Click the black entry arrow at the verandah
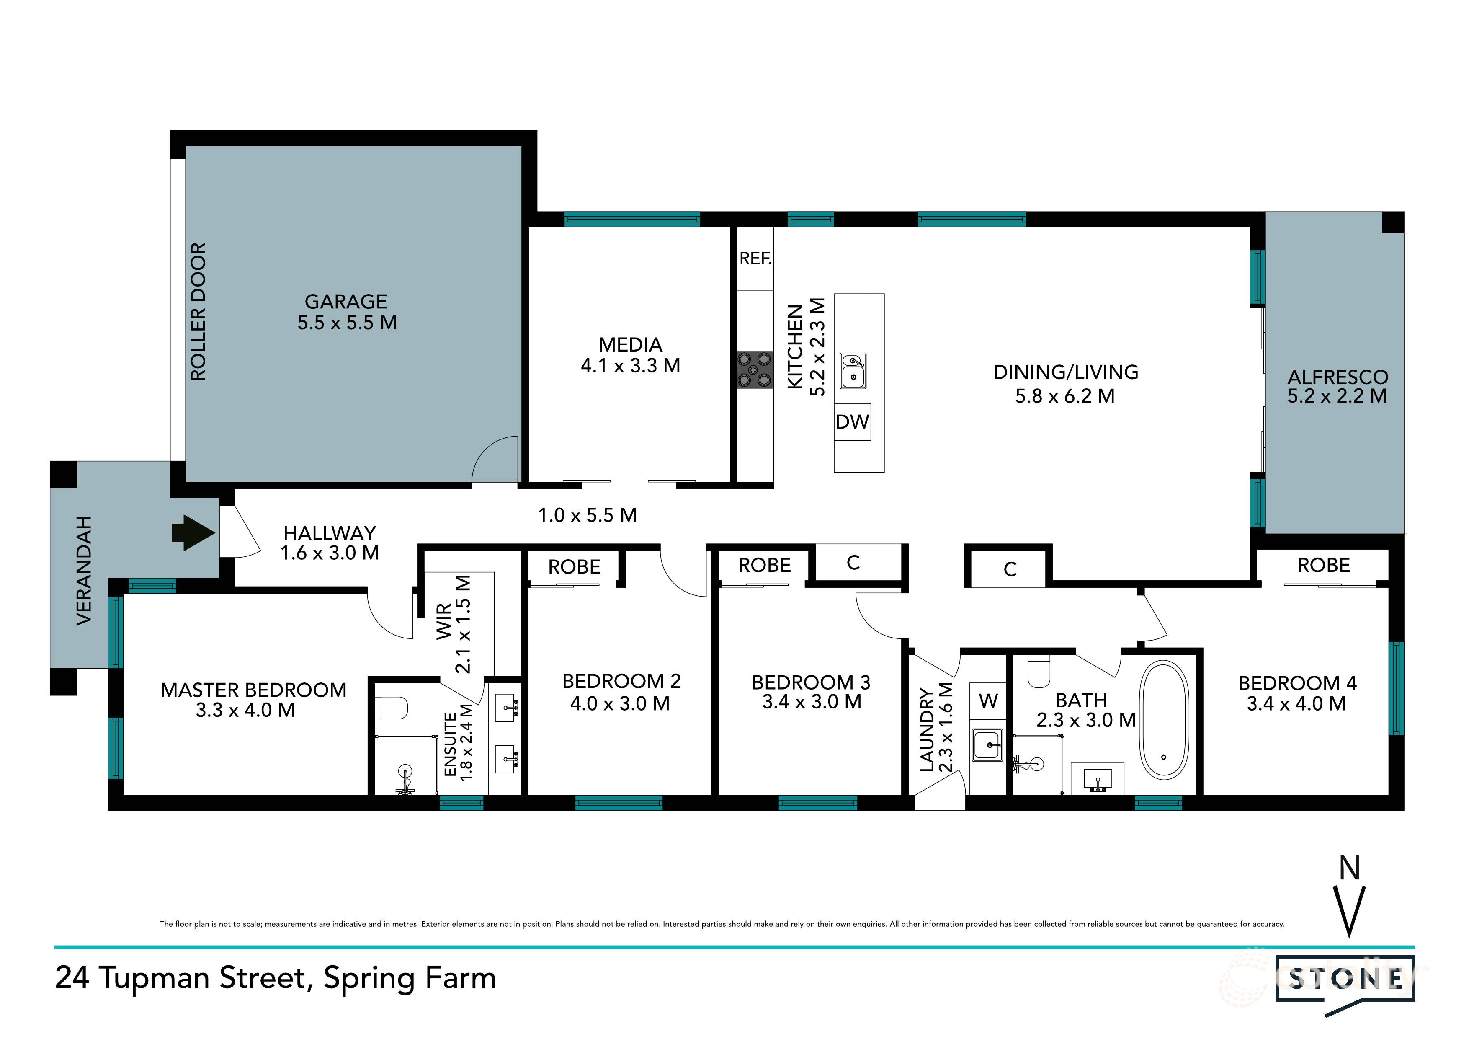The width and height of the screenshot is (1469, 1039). coord(192,532)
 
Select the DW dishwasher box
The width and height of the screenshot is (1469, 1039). coord(852,422)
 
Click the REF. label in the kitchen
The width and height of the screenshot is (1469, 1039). coord(755,258)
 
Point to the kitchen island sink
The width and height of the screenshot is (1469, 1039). coord(853,371)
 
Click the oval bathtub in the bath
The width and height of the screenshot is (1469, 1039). coord(1165,721)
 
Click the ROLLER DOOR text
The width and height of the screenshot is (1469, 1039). coord(198,312)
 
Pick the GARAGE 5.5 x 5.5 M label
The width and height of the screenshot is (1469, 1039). coord(347,312)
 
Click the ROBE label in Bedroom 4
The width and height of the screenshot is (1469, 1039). coord(1323,565)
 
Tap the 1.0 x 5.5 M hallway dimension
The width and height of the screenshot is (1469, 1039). coord(588,515)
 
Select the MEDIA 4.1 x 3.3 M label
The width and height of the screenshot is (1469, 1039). coord(630,355)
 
